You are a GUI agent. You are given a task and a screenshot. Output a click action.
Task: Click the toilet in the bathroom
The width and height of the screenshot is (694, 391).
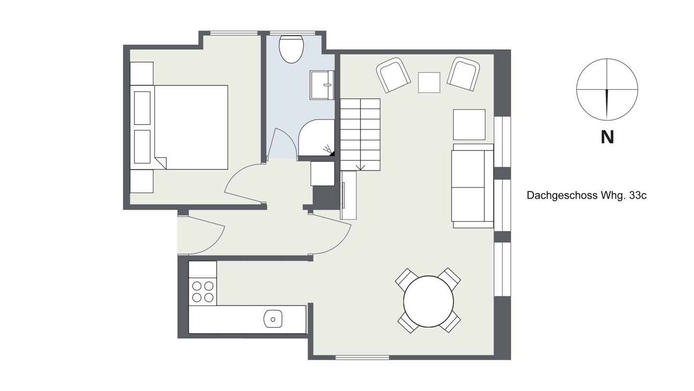291,49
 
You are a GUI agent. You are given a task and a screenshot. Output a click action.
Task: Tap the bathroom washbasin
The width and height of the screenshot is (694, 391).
322,85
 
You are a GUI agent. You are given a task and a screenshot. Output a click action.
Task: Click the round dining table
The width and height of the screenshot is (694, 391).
428,301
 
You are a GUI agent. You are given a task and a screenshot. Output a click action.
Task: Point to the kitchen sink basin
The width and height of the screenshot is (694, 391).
273,319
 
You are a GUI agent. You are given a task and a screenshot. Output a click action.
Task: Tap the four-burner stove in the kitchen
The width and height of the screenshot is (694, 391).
202,292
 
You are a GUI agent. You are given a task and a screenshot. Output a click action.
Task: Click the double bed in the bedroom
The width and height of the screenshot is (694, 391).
179,127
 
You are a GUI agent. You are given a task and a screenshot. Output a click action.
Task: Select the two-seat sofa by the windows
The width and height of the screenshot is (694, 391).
472,186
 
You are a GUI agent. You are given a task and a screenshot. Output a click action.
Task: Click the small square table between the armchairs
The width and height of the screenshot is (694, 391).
429,83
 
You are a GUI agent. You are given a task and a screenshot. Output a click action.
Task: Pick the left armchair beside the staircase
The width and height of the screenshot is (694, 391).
393,75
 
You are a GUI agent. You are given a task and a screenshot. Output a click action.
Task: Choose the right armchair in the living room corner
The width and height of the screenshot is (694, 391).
464,74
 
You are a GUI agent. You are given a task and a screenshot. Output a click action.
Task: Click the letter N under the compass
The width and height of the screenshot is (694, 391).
607,137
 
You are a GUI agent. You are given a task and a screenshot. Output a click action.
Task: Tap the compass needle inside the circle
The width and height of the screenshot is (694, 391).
607,104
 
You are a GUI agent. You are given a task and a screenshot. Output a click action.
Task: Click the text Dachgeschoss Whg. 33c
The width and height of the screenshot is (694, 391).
587,195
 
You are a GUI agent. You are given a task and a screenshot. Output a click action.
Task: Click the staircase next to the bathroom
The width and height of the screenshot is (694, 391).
360,134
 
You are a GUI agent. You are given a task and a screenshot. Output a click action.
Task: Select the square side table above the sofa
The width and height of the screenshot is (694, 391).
469,125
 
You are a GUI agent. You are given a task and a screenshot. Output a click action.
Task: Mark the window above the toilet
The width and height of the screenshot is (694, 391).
293,33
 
